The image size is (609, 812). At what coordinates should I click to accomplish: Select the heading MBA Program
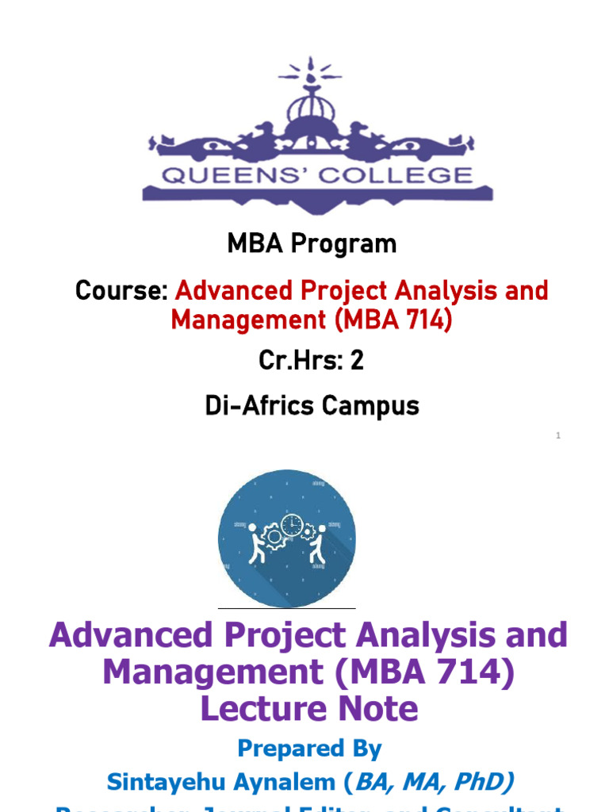(312, 243)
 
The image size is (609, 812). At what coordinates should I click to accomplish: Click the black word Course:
(121, 291)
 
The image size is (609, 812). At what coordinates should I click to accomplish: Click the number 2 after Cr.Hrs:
(357, 361)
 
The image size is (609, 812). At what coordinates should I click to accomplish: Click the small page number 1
(558, 435)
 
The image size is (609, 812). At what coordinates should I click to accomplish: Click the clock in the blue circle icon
(292, 525)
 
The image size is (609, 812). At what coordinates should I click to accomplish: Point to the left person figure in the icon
(255, 543)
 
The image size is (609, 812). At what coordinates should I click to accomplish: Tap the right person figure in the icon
(319, 543)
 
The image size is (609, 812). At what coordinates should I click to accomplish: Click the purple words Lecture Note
(309, 708)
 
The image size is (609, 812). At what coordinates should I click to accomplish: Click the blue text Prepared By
(309, 749)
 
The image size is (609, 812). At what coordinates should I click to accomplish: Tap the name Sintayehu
(161, 782)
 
